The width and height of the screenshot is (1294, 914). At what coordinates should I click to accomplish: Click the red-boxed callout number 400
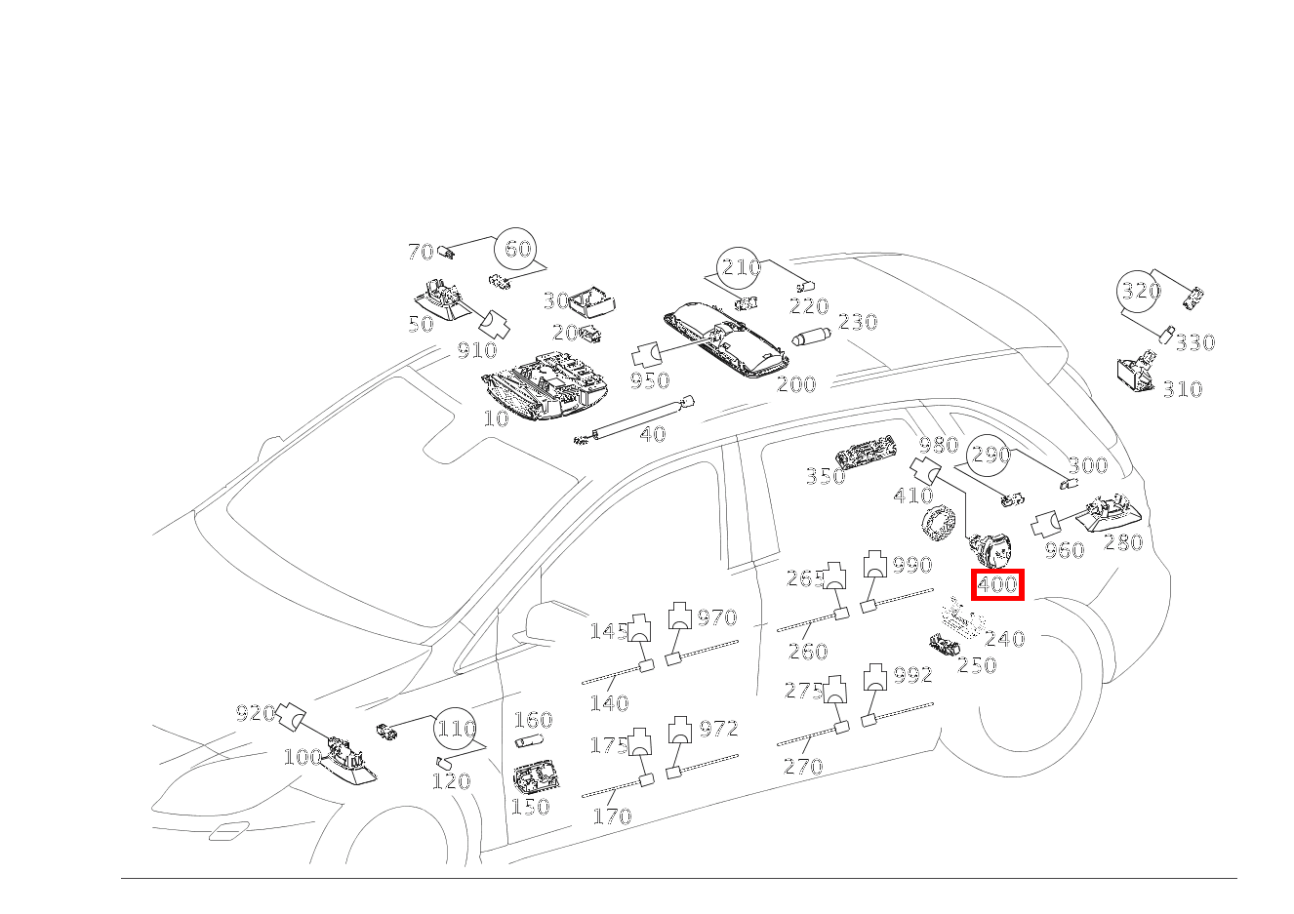pyautogui.click(x=997, y=585)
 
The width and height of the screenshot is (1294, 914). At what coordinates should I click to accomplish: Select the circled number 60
pyautogui.click(x=517, y=249)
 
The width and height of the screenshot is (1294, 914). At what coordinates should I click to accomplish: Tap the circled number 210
pyautogui.click(x=740, y=267)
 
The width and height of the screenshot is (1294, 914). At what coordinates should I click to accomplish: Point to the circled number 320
pyautogui.click(x=1140, y=291)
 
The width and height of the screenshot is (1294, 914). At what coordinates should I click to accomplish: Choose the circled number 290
pyautogui.click(x=991, y=455)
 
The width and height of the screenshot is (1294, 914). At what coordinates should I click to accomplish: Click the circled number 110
pyautogui.click(x=456, y=729)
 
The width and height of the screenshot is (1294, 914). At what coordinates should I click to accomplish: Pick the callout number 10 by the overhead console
pyautogui.click(x=496, y=419)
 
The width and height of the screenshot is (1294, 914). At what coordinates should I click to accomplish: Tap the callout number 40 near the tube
pyautogui.click(x=653, y=434)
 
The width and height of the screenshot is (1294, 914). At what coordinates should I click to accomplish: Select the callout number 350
pyautogui.click(x=825, y=476)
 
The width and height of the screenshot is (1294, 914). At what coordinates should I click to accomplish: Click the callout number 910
pyautogui.click(x=477, y=350)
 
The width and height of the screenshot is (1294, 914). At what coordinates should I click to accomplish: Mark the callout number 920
pyautogui.click(x=255, y=713)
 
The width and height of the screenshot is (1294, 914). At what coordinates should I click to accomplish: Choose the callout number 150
pyautogui.click(x=530, y=807)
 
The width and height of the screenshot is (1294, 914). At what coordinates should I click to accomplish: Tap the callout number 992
pyautogui.click(x=913, y=675)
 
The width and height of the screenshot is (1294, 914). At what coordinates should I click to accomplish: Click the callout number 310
pyautogui.click(x=1182, y=389)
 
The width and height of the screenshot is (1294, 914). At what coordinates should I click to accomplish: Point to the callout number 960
pyautogui.click(x=1064, y=550)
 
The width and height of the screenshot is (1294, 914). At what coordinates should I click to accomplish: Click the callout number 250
pyautogui.click(x=976, y=665)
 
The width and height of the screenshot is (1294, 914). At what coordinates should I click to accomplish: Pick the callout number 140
pyautogui.click(x=609, y=702)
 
